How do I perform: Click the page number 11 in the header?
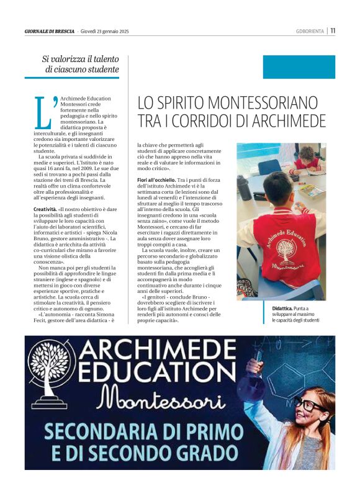click(x=333, y=30)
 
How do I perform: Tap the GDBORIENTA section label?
click(x=310, y=30)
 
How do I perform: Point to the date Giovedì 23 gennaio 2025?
click(x=104, y=30)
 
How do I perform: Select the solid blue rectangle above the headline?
click(x=299, y=67)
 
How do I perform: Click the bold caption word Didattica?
click(x=284, y=309)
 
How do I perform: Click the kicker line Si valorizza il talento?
click(x=79, y=58)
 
